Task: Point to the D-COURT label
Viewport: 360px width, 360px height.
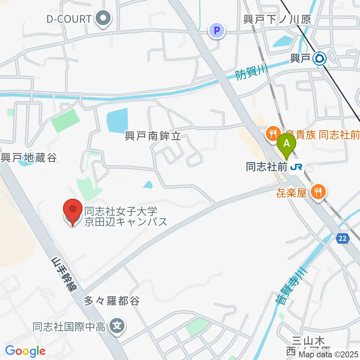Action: click(x=69, y=19)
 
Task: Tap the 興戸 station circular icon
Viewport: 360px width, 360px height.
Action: click(x=320, y=58)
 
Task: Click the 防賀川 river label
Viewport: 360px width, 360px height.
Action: click(x=251, y=70)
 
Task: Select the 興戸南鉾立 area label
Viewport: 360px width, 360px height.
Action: click(x=153, y=136)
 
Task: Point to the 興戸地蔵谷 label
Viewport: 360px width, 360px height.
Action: click(x=29, y=158)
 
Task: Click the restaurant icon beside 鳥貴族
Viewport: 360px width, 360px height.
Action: click(x=272, y=133)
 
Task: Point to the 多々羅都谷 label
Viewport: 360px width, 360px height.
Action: click(x=111, y=301)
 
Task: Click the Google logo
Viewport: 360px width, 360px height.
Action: click(x=25, y=351)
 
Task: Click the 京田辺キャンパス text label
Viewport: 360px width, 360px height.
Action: click(x=126, y=222)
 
